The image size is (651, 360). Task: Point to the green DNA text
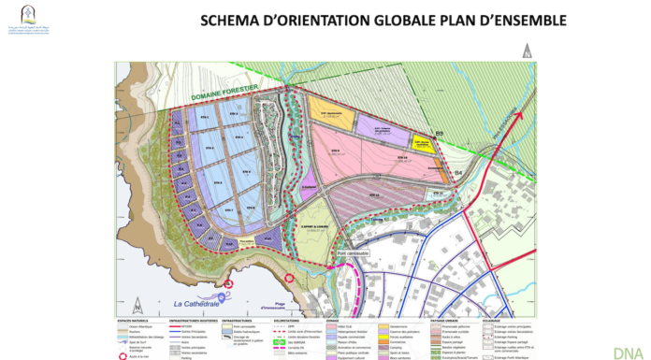(x=627, y=352)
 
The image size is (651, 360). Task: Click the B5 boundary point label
(x=432, y=135)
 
